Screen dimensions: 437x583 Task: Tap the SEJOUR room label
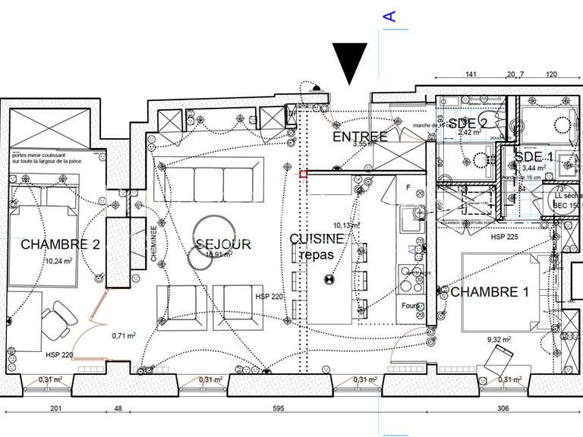pos(223,244)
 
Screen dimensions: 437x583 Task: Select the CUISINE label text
pos(316,238)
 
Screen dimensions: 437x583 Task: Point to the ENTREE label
pos(361,137)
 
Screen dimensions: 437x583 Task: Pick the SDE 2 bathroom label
pos(467,124)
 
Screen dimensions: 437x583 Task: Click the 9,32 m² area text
pos(498,340)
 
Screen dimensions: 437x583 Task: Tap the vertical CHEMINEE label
pos(154,244)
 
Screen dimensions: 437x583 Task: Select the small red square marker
pos(304,174)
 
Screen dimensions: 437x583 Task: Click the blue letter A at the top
pos(389,16)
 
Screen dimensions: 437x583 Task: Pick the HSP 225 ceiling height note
pos(504,237)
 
